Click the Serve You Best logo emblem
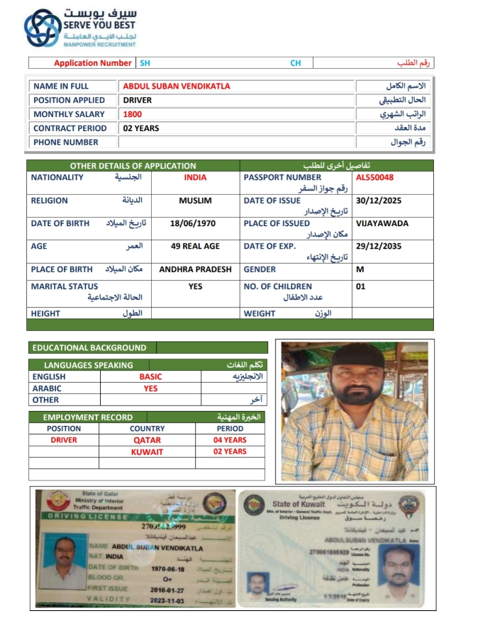pos(43,28)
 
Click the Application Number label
pos(92,63)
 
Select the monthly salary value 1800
pos(133,114)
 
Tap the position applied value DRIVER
pos(138,100)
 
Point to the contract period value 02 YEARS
pos(141,128)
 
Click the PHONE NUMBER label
pos(65,142)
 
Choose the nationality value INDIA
pos(195,178)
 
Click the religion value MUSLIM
pos(195,201)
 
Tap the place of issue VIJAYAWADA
pos(382,223)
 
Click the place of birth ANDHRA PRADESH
pos(195,269)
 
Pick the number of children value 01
pos(361,286)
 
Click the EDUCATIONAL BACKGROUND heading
pos(89,348)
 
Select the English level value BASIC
pos(150,377)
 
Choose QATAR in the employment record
pos(147,440)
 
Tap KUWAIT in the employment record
pos(147,452)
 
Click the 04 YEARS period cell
pos(230,440)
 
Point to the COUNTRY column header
pos(147,429)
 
